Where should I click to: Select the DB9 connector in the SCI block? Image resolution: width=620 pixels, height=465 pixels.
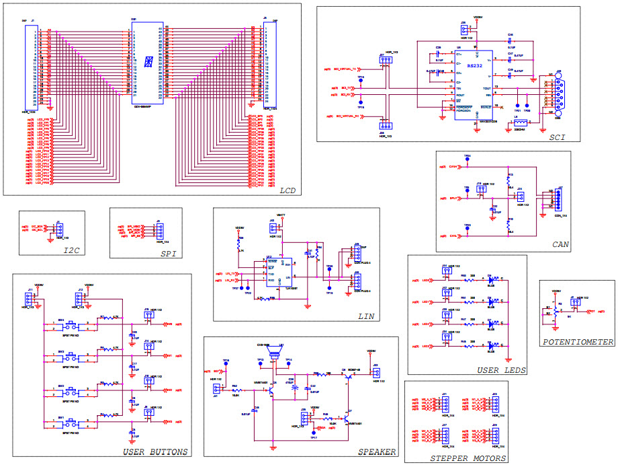pyautogui.click(x=558, y=94)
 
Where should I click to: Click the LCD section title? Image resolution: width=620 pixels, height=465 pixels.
pyautogui.click(x=288, y=191)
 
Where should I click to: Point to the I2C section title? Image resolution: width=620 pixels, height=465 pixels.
pyautogui.click(x=72, y=250)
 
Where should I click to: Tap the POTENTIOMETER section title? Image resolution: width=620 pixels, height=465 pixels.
pyautogui.click(x=578, y=342)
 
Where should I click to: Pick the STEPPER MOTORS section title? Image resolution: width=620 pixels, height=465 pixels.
pyautogui.click(x=468, y=458)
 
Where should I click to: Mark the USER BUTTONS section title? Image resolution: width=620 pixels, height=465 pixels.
pyautogui.click(x=155, y=452)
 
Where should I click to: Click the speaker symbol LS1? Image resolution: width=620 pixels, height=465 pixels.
pyautogui.click(x=274, y=353)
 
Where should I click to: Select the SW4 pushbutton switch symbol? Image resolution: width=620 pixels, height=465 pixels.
pyautogui.click(x=71, y=325)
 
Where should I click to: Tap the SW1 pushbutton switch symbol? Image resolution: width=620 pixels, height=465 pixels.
pyautogui.click(x=71, y=424)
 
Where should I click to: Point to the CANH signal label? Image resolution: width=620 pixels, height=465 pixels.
pyautogui.click(x=453, y=166)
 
